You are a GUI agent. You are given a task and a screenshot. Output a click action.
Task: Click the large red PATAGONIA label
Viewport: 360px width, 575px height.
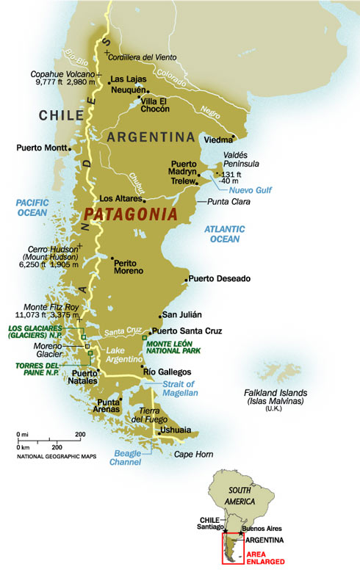pyautogui.click(x=130, y=214)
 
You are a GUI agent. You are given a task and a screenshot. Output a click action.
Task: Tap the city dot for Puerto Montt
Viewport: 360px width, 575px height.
pyautogui.click(x=69, y=148)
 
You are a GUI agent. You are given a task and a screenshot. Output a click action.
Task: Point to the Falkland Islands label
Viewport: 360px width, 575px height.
pyautogui.click(x=276, y=397)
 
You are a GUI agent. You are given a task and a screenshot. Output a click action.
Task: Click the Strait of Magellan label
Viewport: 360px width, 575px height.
pyautogui.click(x=180, y=388)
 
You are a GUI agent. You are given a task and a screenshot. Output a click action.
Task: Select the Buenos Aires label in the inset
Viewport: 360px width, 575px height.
pyautogui.click(x=264, y=528)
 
